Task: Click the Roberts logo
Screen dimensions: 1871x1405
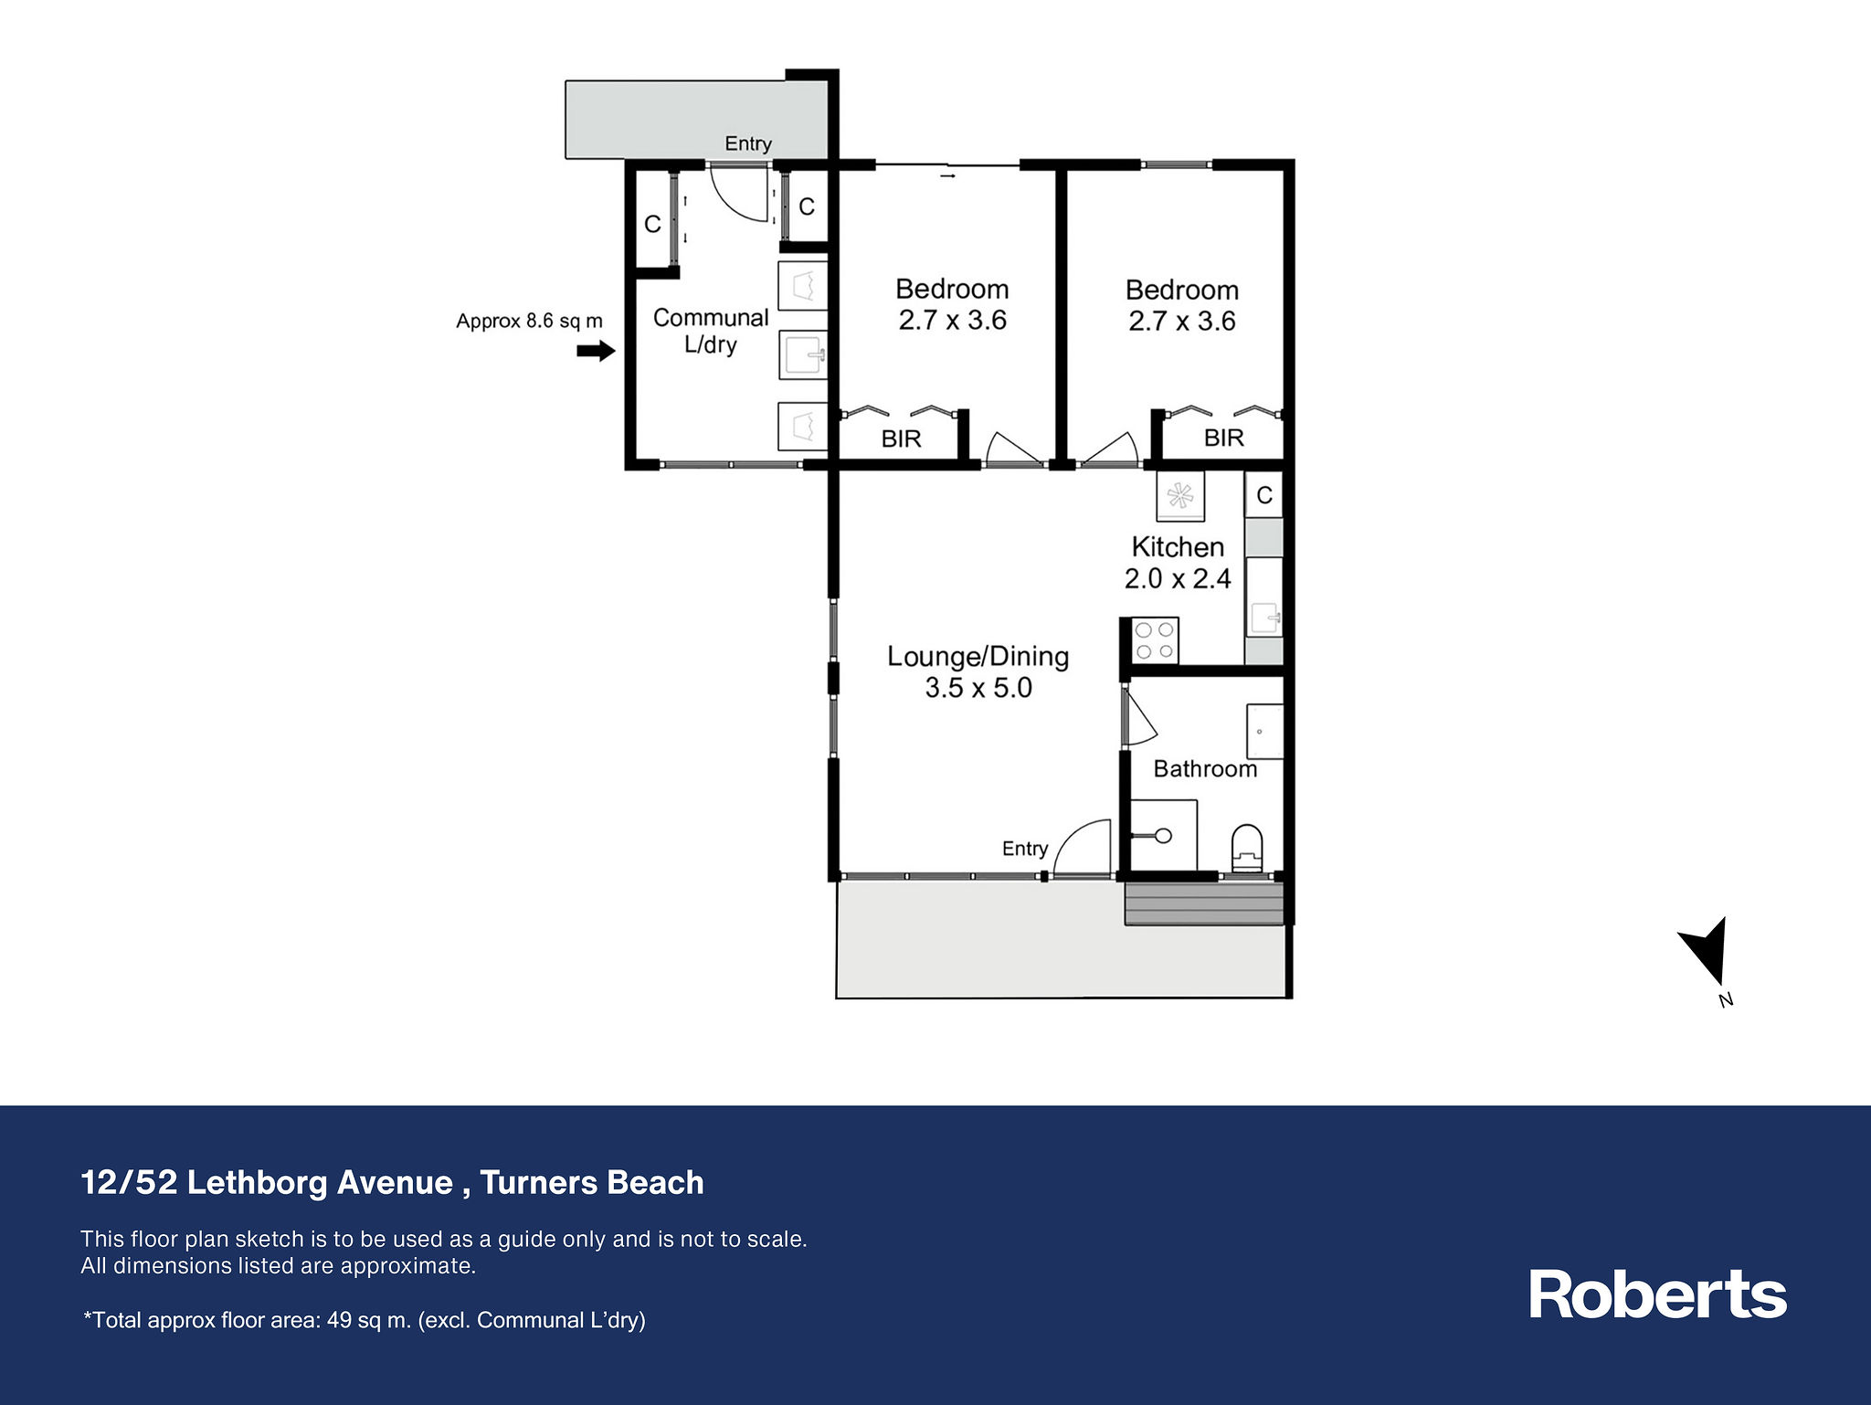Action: (x=1658, y=1294)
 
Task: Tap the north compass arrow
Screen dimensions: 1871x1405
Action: (x=1708, y=959)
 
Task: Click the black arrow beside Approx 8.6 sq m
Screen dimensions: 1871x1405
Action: (x=596, y=350)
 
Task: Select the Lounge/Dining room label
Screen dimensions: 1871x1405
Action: (x=978, y=671)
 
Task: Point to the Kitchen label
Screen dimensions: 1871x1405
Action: (x=1178, y=546)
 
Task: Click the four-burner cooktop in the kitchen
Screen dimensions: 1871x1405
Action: (x=1155, y=640)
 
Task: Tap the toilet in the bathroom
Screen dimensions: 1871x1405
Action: (x=1247, y=849)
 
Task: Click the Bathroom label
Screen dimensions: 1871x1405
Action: (x=1205, y=768)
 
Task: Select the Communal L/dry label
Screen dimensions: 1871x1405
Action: (x=711, y=331)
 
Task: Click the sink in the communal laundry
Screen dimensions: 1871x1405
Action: (x=803, y=354)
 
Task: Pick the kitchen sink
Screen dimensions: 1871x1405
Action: (x=1264, y=618)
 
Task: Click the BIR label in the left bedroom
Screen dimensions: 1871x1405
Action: (x=901, y=438)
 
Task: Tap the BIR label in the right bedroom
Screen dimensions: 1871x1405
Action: (x=1223, y=438)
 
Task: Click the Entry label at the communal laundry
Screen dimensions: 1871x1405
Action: (x=748, y=143)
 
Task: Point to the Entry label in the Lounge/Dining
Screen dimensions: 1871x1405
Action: (x=1025, y=849)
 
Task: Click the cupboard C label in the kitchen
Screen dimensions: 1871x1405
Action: (x=1264, y=495)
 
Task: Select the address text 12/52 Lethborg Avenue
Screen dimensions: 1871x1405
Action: (x=267, y=1182)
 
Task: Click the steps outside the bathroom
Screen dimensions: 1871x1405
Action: (x=1203, y=903)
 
